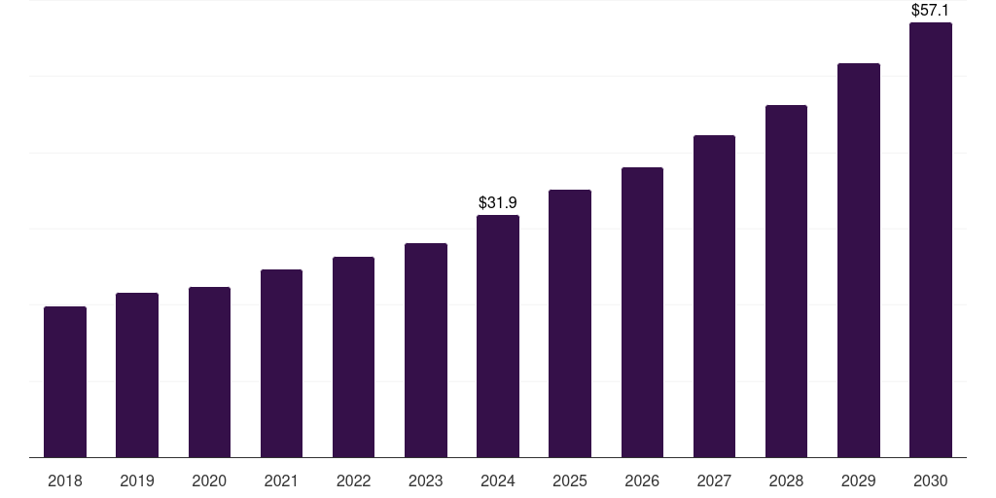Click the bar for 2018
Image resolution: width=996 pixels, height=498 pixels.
65,381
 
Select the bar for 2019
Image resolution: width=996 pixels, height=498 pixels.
137,374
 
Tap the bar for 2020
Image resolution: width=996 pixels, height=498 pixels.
209,372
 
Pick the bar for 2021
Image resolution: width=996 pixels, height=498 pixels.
281,363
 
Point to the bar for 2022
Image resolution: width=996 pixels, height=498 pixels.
353,357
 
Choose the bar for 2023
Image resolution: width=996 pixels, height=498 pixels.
425,350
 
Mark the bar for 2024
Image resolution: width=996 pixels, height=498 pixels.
498,336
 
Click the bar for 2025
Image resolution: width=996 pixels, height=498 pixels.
570,323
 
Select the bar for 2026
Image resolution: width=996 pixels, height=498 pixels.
642,312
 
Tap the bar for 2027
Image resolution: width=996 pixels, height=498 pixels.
714,296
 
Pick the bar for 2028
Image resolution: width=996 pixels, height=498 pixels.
786,281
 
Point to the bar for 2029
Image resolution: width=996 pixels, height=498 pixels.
858,260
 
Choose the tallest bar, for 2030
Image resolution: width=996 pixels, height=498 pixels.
931,239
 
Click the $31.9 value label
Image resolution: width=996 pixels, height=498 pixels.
498,202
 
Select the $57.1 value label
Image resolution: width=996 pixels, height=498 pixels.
931,10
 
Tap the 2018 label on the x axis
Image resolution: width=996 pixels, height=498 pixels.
65,480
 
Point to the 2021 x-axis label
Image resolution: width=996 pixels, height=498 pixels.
281,480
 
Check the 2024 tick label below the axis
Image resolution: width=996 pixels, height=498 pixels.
498,480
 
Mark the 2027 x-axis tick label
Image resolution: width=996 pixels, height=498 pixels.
714,480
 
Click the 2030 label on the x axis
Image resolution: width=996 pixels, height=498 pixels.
931,480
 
